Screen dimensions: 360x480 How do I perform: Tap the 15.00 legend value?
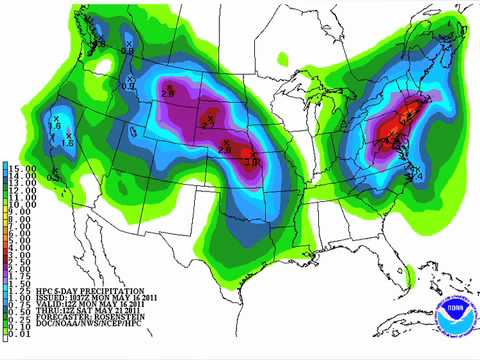click(x=13, y=166)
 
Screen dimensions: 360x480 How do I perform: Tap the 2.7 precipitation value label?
click(x=207, y=120)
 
